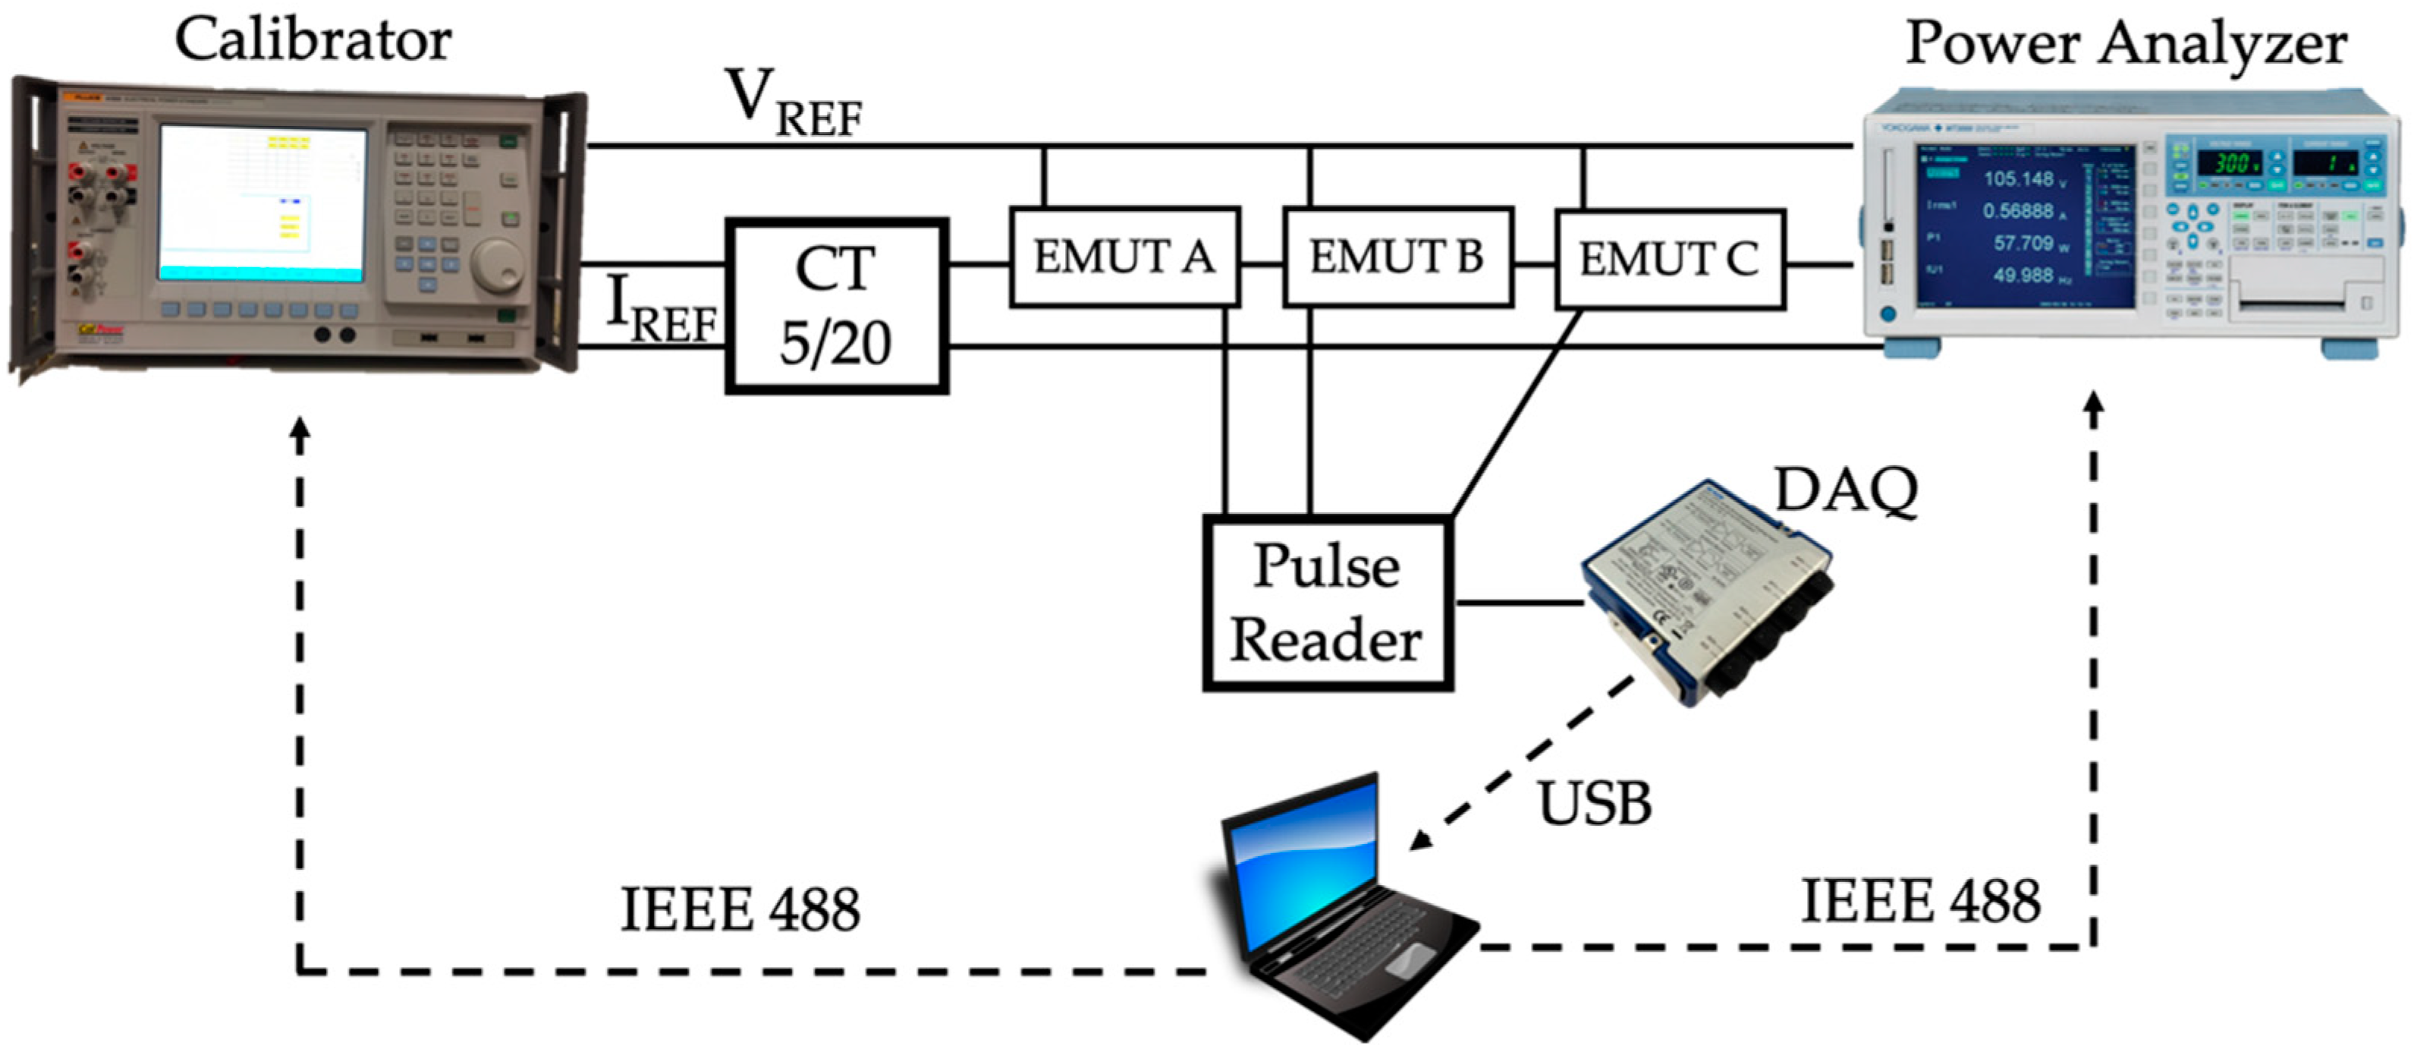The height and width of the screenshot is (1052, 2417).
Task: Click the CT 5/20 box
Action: pos(836,306)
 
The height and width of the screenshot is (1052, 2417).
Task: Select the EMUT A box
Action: pos(1124,257)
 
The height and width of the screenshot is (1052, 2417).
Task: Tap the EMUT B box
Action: pos(1397,257)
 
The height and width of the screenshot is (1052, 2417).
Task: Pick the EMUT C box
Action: pos(1669,259)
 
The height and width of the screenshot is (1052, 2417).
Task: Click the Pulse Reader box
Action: pos(1327,603)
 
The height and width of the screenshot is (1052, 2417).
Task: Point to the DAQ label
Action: pos(1847,490)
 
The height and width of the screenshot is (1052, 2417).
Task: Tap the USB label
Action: pos(1594,803)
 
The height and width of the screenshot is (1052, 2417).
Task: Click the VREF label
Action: pos(793,103)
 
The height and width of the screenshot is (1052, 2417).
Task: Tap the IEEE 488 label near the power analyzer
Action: pos(1919,901)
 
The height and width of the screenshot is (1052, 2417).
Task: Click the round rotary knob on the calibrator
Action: pos(495,263)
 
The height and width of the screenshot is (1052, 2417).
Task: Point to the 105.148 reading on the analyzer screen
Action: pos(2017,178)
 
